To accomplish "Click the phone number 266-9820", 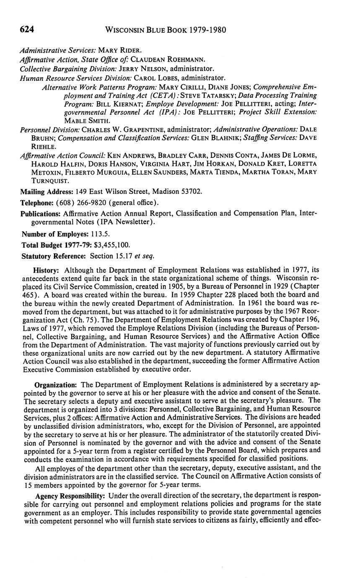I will pyautogui.click(x=92, y=203).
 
